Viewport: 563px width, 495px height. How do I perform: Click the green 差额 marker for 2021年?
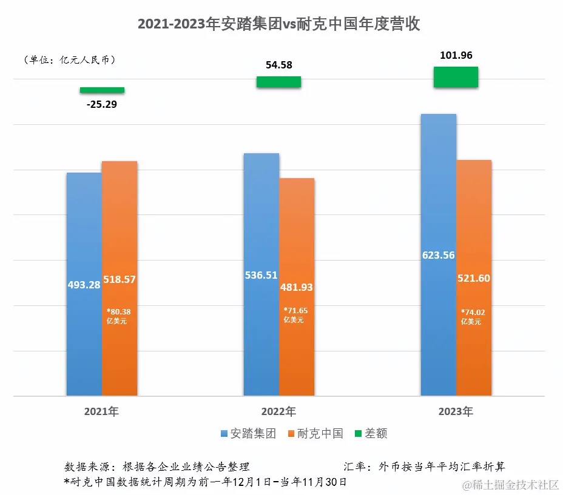pyautogui.click(x=102, y=90)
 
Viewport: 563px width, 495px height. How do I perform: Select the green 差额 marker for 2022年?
pyautogui.click(x=278, y=82)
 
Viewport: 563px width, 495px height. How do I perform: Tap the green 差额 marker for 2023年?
pyautogui.click(x=456, y=77)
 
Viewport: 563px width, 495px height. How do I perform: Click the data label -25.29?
pyautogui.click(x=101, y=104)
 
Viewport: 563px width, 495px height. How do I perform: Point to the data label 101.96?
pyautogui.click(x=456, y=56)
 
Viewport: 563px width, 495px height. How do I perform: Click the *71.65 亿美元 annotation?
pyautogui.click(x=296, y=315)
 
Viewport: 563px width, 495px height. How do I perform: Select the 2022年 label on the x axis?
pyautogui.click(x=278, y=412)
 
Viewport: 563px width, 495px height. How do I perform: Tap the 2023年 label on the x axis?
pyautogui.click(x=456, y=412)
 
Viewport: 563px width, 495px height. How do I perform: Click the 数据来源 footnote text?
pyautogui.click(x=157, y=467)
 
